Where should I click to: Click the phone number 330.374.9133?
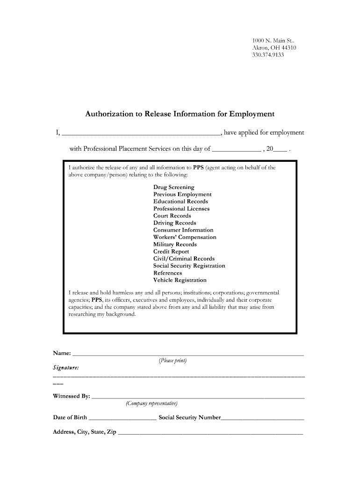tap(268, 55)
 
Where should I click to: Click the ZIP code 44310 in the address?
tap(288, 48)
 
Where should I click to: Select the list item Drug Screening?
tap(174, 187)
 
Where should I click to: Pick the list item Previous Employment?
tap(182, 194)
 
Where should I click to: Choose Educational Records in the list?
tap(180, 201)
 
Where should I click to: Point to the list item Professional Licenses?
tap(181, 209)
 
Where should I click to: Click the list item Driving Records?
tap(175, 223)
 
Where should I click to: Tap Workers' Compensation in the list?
tap(185, 237)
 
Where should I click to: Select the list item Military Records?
tap(175, 244)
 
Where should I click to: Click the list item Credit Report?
tap(171, 251)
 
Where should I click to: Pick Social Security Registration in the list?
tap(189, 266)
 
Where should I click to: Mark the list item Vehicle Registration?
tap(180, 280)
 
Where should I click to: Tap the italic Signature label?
tap(66, 368)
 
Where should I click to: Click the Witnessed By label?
tap(71, 396)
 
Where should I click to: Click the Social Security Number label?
tap(189, 417)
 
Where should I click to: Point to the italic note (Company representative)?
tap(151, 403)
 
